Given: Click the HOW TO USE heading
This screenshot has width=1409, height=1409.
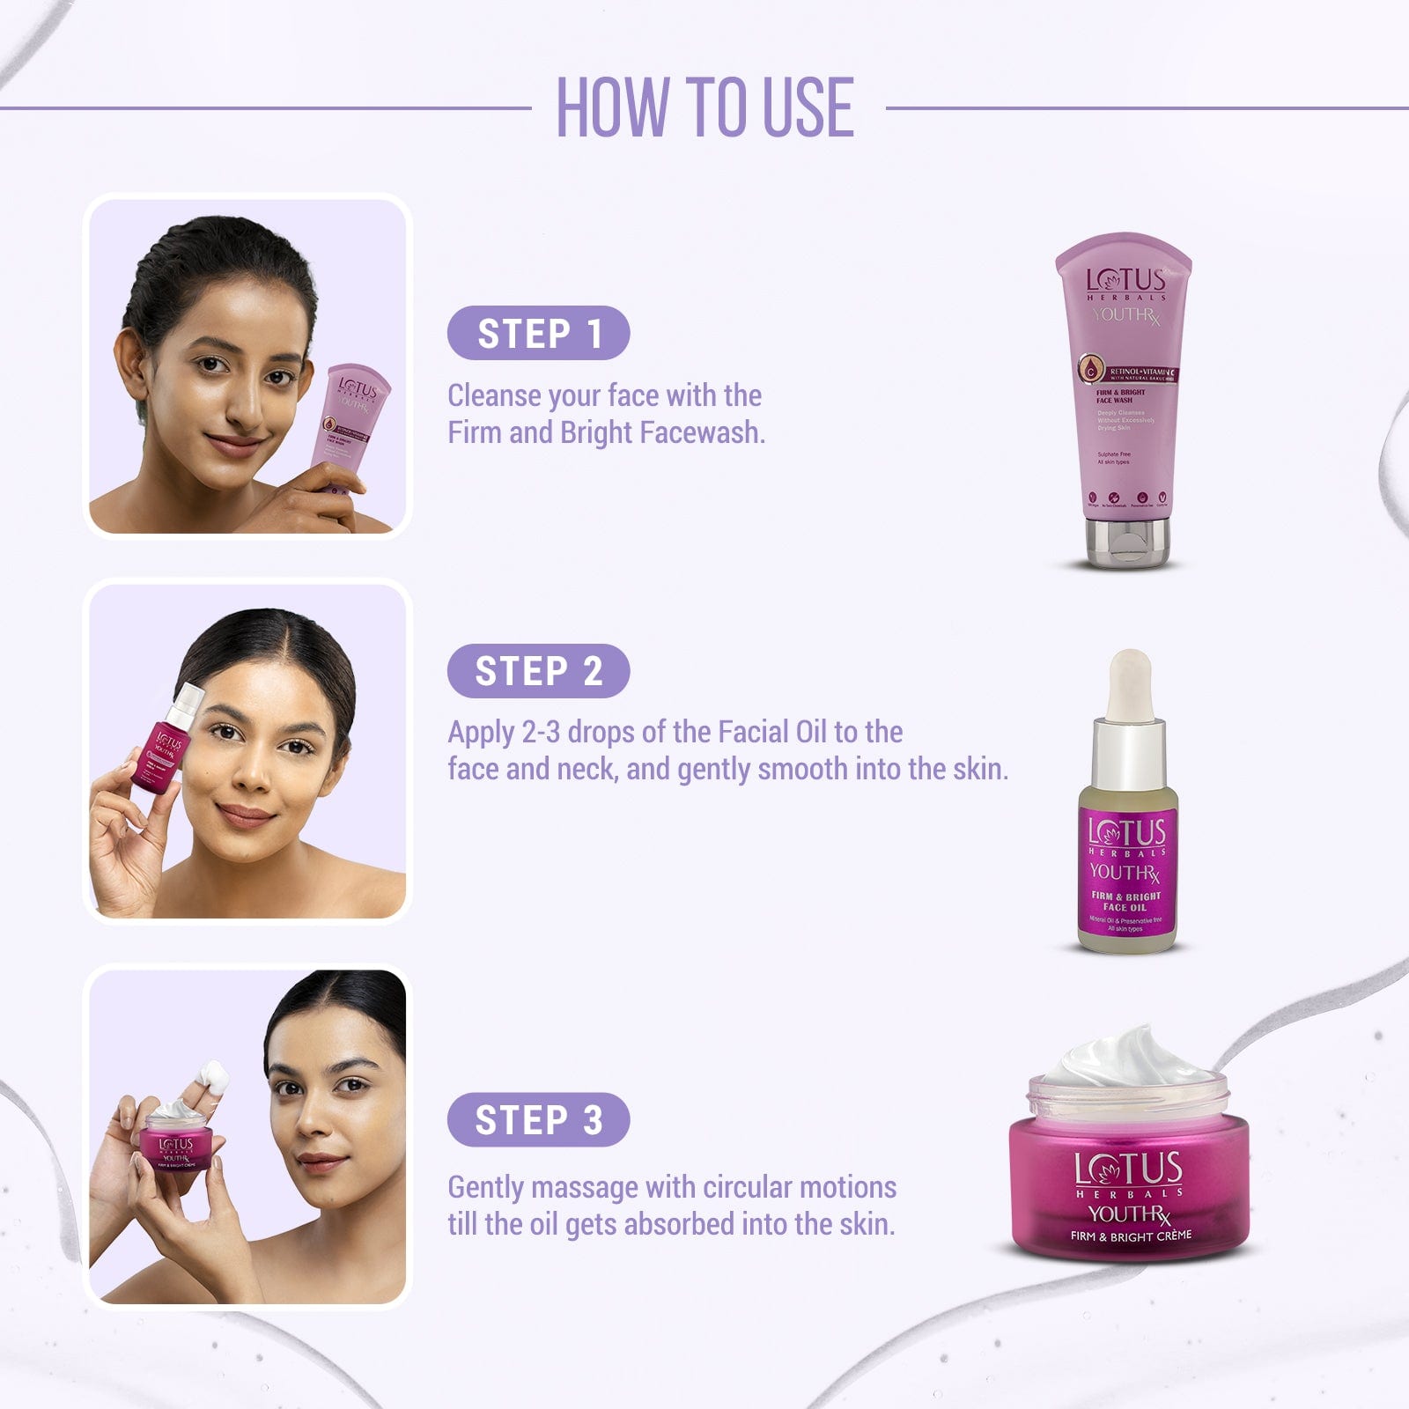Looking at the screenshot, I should click(704, 107).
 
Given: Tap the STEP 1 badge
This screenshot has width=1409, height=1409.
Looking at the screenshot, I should click(538, 334).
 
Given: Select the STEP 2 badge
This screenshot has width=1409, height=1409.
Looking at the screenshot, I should click(538, 671).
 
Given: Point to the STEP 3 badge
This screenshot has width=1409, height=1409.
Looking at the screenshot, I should click(538, 1120).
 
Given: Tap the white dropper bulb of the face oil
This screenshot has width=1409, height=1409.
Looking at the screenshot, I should click(1129, 682).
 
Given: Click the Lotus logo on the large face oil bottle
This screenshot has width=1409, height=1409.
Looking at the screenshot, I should click(1126, 832).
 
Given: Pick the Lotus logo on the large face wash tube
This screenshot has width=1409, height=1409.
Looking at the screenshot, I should click(1125, 280).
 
